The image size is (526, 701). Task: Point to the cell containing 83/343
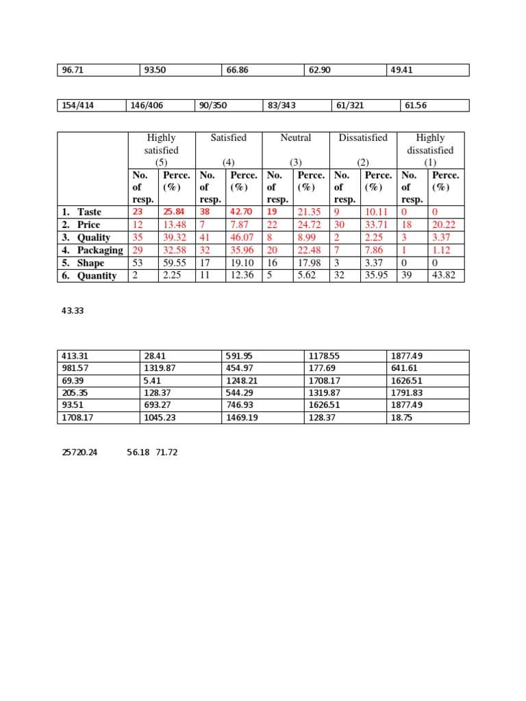click(281, 105)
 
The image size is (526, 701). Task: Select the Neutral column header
click(296, 138)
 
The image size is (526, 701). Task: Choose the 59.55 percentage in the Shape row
click(175, 264)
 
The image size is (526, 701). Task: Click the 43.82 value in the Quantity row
click(445, 276)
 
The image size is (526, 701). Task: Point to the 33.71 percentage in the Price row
click(377, 225)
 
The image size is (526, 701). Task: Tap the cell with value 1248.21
click(241, 381)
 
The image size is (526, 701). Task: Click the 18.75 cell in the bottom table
click(399, 418)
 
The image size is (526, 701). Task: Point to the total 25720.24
click(79, 453)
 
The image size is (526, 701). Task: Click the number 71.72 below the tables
click(166, 453)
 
